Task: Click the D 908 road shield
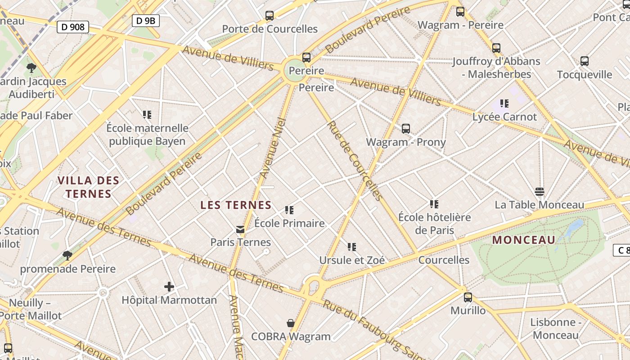coord(73,27)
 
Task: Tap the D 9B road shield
coord(146,20)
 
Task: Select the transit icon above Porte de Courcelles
coord(270,16)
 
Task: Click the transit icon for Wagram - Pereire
coord(460,12)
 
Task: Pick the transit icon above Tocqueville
coord(585,61)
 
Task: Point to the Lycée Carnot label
coord(504,117)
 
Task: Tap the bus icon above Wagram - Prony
coord(406,129)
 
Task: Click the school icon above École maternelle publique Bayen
coord(147,115)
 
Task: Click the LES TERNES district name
coord(236,205)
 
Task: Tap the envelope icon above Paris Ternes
coord(240,229)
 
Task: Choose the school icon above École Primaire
coord(289,210)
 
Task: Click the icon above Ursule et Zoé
coord(352,247)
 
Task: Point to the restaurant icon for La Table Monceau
coord(540,192)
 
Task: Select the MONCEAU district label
coord(524,240)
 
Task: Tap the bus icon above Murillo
coord(468,297)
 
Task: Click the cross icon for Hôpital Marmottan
coord(169,287)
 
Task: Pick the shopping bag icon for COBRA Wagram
coord(291,323)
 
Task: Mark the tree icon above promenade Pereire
coord(67,256)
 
